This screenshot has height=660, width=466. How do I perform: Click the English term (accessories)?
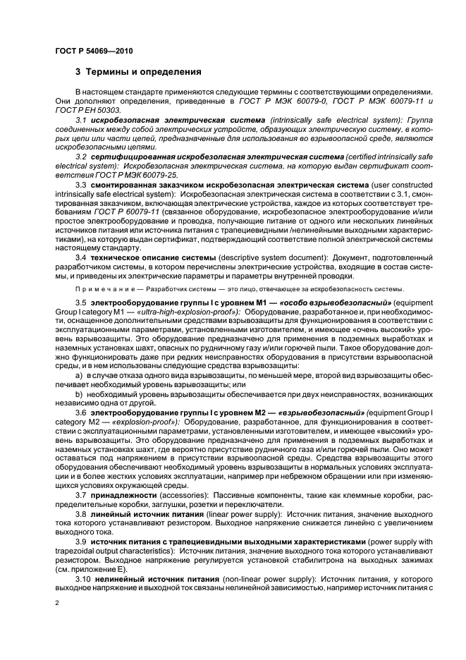coord(180,496)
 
